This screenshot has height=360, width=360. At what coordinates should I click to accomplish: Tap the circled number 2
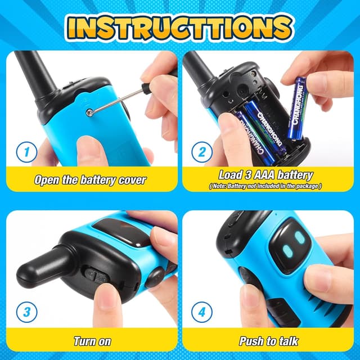201,152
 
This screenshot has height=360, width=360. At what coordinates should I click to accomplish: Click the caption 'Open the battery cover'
90,181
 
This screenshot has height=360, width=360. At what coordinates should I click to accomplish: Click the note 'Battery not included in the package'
265,186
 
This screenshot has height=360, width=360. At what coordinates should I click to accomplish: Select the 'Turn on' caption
92,341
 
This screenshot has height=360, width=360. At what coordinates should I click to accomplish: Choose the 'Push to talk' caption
269,341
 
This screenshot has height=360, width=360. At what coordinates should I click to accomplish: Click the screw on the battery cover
89,112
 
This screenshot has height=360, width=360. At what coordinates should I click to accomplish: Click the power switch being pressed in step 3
96,277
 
